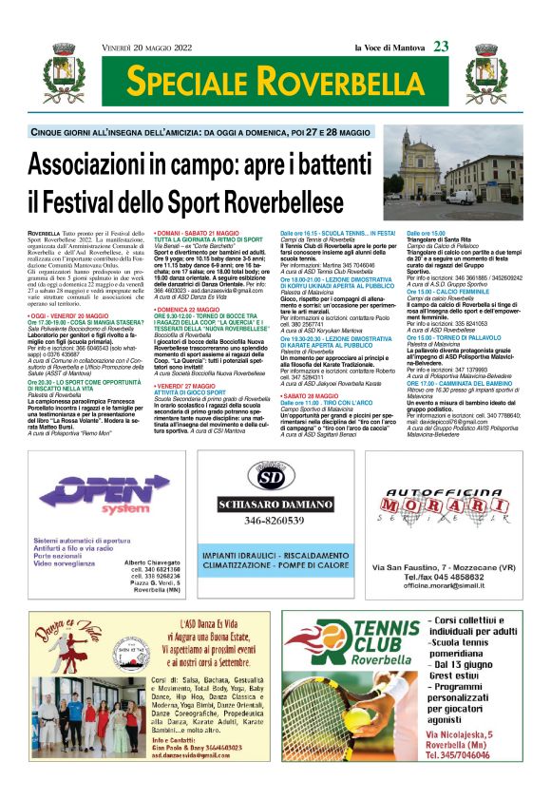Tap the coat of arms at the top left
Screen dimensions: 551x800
click(60, 78)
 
